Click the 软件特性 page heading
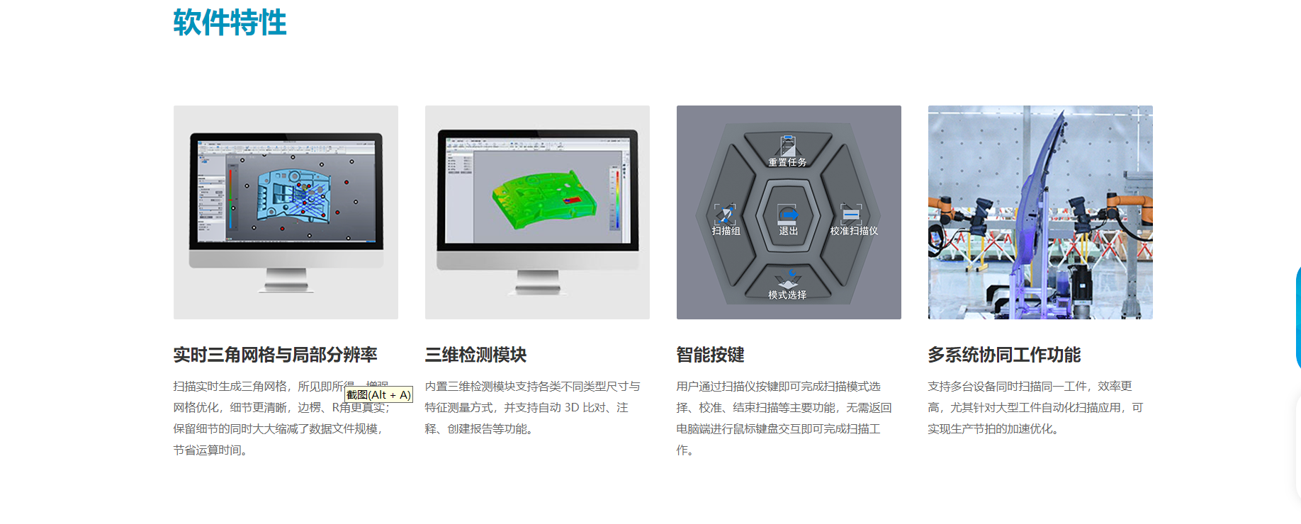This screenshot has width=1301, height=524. coord(230,23)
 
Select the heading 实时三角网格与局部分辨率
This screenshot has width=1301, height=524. coord(275,355)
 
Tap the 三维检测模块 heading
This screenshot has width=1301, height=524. coord(475,355)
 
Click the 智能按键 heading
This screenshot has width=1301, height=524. coord(710,355)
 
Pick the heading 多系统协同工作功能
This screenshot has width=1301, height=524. coord(1004,355)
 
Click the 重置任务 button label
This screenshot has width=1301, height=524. coord(787,162)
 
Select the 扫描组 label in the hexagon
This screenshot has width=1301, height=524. coord(726,231)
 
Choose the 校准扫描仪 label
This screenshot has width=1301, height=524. coord(854,231)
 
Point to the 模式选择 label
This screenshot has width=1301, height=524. coord(787,295)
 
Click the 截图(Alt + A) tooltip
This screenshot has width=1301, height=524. coord(378,395)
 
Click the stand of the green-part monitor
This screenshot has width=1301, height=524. coord(537,283)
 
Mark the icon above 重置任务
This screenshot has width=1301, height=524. coord(787,145)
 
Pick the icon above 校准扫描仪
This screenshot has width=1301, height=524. coord(850,213)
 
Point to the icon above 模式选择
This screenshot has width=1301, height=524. coord(788,278)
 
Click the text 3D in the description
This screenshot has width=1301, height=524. coord(571,408)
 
